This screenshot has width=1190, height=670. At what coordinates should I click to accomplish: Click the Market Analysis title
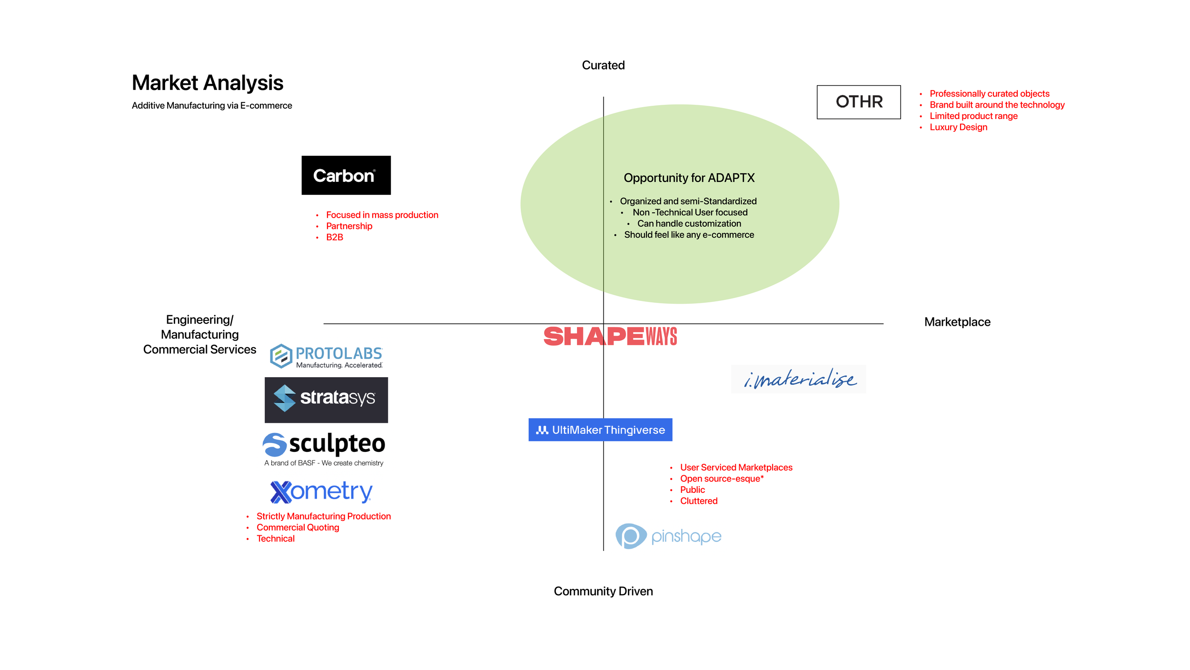click(x=208, y=83)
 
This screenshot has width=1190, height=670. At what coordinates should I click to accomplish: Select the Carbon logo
click(x=346, y=175)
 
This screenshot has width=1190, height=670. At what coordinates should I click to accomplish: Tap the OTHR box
click(x=859, y=102)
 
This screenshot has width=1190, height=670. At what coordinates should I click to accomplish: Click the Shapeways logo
click(x=610, y=336)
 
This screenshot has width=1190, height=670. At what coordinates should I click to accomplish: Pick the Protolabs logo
click(x=327, y=356)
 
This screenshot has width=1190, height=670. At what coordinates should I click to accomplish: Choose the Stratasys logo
click(x=326, y=400)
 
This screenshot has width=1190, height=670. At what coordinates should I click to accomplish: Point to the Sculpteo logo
click(x=324, y=449)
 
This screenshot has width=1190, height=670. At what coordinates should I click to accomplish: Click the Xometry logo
click(x=321, y=491)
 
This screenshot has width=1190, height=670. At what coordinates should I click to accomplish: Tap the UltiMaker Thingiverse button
click(x=600, y=430)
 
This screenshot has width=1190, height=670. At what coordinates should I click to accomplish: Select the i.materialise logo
click(x=799, y=379)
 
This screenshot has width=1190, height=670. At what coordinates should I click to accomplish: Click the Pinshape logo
click(x=668, y=536)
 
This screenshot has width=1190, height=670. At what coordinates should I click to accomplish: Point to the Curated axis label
click(x=603, y=65)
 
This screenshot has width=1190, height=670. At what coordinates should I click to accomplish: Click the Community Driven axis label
click(x=603, y=591)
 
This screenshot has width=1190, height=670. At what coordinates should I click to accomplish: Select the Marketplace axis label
click(x=957, y=322)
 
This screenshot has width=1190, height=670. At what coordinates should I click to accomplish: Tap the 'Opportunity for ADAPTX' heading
click(x=689, y=178)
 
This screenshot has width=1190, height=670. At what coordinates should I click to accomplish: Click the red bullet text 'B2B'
click(x=335, y=237)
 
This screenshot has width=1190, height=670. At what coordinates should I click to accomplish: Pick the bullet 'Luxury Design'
click(x=958, y=127)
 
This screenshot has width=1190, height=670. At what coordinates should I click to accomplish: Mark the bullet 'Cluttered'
click(x=698, y=501)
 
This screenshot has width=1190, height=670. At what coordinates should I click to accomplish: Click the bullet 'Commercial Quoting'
click(x=297, y=528)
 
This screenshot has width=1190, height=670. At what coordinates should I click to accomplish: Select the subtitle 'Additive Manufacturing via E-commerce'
click(x=212, y=106)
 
